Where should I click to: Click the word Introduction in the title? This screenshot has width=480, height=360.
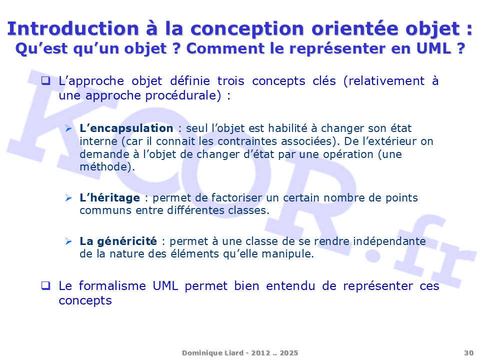[x=73, y=28]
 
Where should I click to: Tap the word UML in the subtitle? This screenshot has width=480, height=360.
[x=434, y=48]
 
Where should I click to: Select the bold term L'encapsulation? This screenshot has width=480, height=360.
[x=126, y=128]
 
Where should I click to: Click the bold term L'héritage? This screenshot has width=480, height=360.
[x=109, y=198]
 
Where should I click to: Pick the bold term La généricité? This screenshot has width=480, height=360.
[x=118, y=241]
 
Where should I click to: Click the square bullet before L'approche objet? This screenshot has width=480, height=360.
[x=45, y=80]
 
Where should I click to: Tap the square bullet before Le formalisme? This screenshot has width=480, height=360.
[x=45, y=285]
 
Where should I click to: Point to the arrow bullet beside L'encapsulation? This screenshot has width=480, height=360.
[x=68, y=128]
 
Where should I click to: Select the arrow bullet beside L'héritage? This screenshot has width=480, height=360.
[x=68, y=198]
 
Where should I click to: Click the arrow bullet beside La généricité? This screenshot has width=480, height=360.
[x=68, y=241]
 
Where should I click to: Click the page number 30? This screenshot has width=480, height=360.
[x=468, y=353]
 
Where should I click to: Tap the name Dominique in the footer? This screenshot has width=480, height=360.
[x=200, y=353]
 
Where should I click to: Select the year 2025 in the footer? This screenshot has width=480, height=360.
[x=288, y=353]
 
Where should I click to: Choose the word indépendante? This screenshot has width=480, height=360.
[x=389, y=241]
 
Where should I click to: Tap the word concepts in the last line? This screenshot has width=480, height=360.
[x=85, y=301]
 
